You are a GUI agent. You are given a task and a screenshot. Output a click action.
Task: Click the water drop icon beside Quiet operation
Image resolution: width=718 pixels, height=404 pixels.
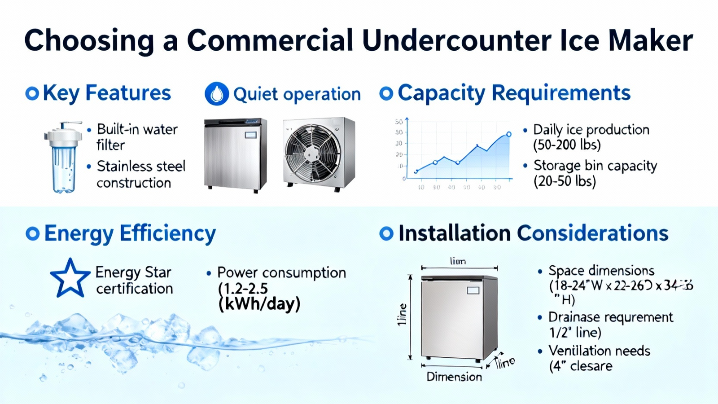pyautogui.click(x=217, y=94)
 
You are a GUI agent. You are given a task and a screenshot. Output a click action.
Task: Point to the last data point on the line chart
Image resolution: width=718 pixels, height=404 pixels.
pyautogui.click(x=509, y=134)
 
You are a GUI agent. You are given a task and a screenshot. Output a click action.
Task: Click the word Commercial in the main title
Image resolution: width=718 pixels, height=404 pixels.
pyautogui.click(x=270, y=40)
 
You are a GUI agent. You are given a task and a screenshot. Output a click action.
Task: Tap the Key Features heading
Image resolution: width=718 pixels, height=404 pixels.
pyautogui.click(x=107, y=93)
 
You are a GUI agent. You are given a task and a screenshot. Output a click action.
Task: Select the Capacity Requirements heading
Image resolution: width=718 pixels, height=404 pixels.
pyautogui.click(x=514, y=93)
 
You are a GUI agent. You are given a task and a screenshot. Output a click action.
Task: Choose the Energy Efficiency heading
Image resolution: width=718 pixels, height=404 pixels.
pyautogui.click(x=130, y=233)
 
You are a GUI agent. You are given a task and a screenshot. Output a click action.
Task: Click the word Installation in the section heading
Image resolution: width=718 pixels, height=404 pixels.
pyautogui.click(x=454, y=233)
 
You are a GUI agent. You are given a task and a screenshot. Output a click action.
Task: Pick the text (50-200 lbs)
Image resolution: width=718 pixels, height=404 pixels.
pyautogui.click(x=567, y=145)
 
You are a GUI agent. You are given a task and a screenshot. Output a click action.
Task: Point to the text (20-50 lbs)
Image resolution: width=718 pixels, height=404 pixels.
pyautogui.click(x=565, y=181)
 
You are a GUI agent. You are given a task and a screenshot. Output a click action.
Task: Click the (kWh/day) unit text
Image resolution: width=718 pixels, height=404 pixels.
pyautogui.click(x=259, y=304)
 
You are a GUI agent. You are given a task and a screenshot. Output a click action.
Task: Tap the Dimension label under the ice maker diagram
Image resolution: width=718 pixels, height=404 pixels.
pyautogui.click(x=454, y=377)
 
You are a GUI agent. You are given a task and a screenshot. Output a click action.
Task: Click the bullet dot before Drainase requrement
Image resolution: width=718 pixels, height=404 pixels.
pyautogui.click(x=540, y=317)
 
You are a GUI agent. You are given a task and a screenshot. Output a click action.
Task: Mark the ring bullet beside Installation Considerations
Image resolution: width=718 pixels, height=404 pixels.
pyautogui.click(x=386, y=233)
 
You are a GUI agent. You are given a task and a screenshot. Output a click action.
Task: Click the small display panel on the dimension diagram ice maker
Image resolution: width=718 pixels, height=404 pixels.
pyautogui.click(x=473, y=291)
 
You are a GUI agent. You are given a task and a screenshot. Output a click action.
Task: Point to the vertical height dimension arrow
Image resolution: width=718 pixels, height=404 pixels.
pyautogui.click(x=410, y=317)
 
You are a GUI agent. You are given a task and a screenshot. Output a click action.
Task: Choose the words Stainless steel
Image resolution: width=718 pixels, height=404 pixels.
pyautogui.click(x=141, y=166)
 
